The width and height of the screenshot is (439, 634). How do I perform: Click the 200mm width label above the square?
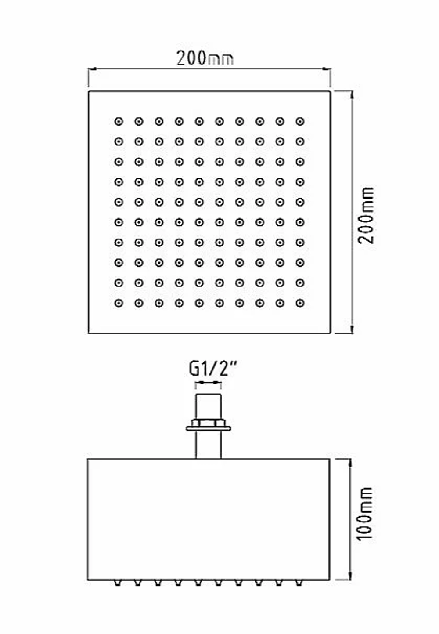205,58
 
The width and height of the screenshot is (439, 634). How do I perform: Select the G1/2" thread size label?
212,369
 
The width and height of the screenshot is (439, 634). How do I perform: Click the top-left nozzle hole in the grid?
119,122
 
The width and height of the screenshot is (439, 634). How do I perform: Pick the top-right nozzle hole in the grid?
300,122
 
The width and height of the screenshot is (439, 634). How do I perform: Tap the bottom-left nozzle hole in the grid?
119,303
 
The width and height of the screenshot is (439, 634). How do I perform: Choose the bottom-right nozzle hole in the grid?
300,303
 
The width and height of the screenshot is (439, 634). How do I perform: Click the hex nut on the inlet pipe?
209,423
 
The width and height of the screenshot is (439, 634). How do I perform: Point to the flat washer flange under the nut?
209,429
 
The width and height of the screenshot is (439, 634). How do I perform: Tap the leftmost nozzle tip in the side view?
118,583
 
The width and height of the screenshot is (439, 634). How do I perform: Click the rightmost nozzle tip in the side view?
299,583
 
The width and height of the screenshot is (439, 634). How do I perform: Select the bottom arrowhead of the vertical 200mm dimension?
352,329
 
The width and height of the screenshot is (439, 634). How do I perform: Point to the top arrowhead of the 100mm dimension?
350,463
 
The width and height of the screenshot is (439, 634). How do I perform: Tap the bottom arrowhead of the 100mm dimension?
350,576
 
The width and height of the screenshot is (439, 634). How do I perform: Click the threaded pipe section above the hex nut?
209,407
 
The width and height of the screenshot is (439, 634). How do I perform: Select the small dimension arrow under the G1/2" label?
209,383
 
